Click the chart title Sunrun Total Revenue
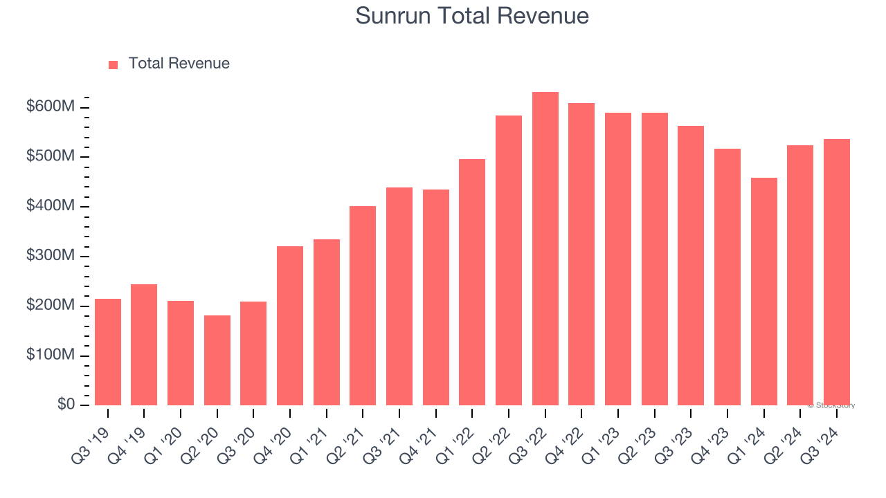pos(472,16)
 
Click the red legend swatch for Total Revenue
pos(114,64)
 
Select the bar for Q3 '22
pos(545,249)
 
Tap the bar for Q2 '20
pos(217,360)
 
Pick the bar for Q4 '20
pos(290,326)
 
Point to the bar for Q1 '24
pos(763,291)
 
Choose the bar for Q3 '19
pos(108,352)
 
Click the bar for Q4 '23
pos(727,277)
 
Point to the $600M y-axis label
pos(51,107)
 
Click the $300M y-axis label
pos(51,256)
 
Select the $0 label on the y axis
pos(66,405)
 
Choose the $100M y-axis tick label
pos(51,356)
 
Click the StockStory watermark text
pos(831,405)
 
